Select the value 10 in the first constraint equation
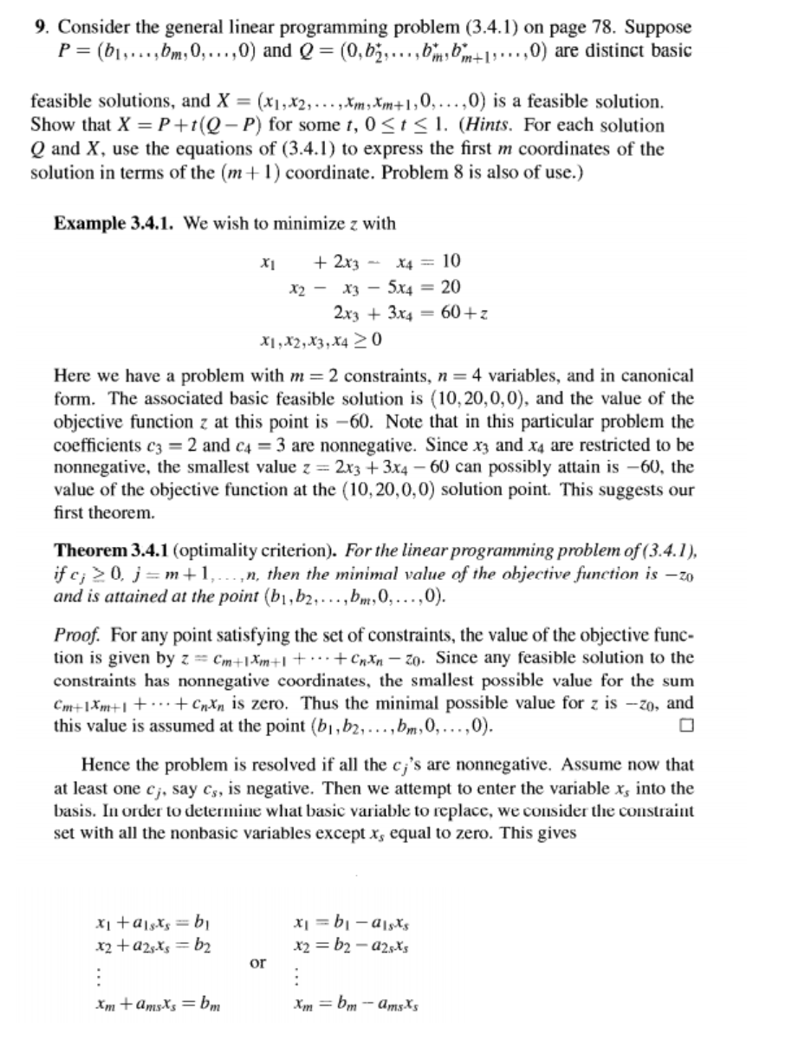coord(451,261)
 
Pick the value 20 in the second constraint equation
coord(451,287)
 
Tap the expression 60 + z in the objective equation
coord(469,312)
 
